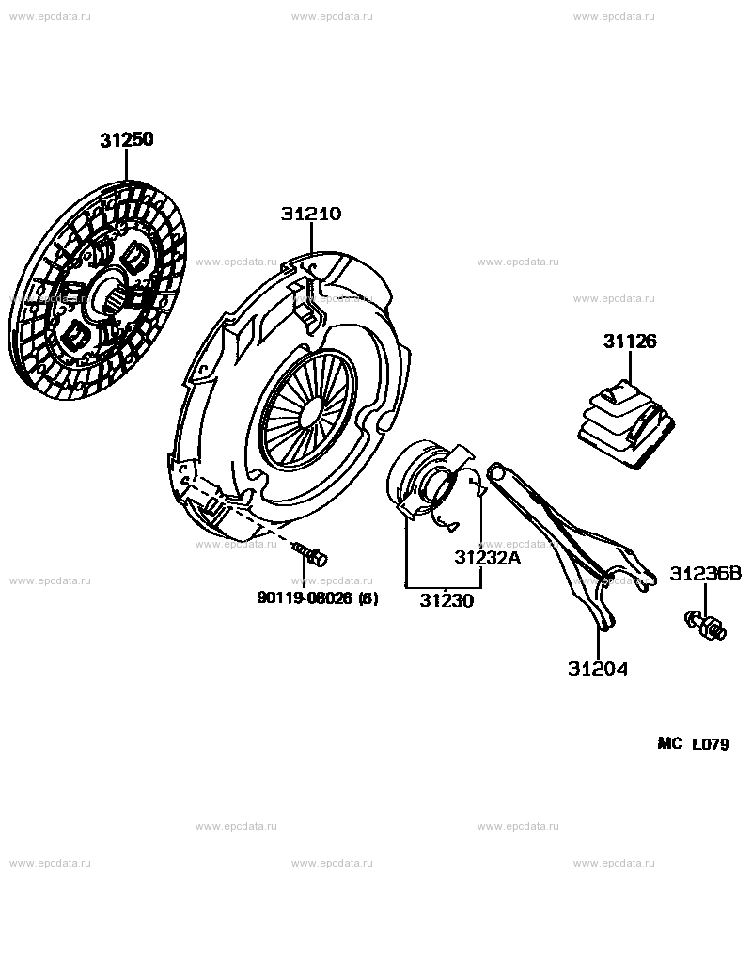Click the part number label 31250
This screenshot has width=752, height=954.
(x=127, y=140)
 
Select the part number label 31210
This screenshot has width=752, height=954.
(x=310, y=215)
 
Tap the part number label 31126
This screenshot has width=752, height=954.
(x=630, y=342)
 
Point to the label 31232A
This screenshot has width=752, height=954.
(x=488, y=557)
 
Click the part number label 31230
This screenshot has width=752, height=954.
(x=446, y=600)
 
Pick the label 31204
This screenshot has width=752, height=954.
(x=598, y=669)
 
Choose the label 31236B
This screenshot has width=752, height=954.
(x=706, y=573)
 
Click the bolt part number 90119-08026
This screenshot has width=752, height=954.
(x=305, y=598)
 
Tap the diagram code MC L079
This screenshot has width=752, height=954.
(x=694, y=743)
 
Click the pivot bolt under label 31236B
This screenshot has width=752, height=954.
(x=706, y=626)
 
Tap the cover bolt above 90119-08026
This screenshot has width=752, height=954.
(x=310, y=554)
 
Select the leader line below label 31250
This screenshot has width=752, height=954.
(x=127, y=166)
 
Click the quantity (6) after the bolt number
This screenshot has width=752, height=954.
(x=368, y=599)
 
